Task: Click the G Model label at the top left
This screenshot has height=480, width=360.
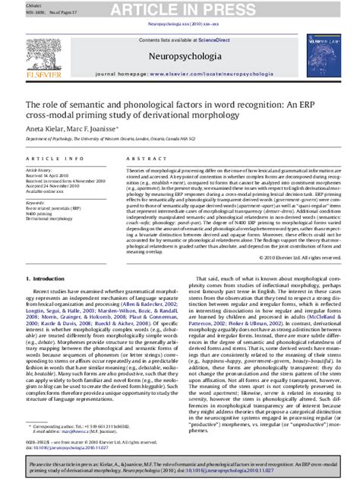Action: [14, 3]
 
